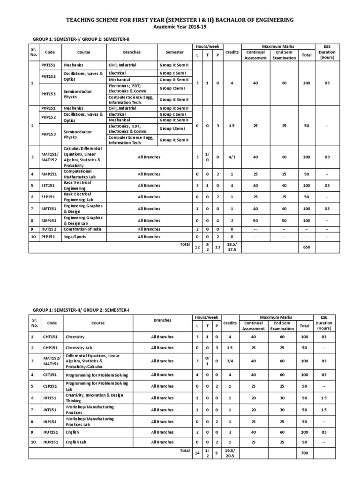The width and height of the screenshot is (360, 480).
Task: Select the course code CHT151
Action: (52, 337)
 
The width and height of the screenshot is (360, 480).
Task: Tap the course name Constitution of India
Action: (83, 229)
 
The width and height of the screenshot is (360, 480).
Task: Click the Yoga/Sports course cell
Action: (75, 237)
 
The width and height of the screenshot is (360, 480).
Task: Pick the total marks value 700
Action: (304, 454)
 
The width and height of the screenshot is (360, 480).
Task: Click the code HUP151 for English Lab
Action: (52, 442)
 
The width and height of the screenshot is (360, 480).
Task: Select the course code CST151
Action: (52, 375)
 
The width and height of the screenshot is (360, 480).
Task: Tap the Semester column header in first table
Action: (174, 52)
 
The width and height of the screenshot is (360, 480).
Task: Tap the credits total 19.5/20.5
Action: (230, 454)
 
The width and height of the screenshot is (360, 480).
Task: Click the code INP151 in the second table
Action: (52, 421)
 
